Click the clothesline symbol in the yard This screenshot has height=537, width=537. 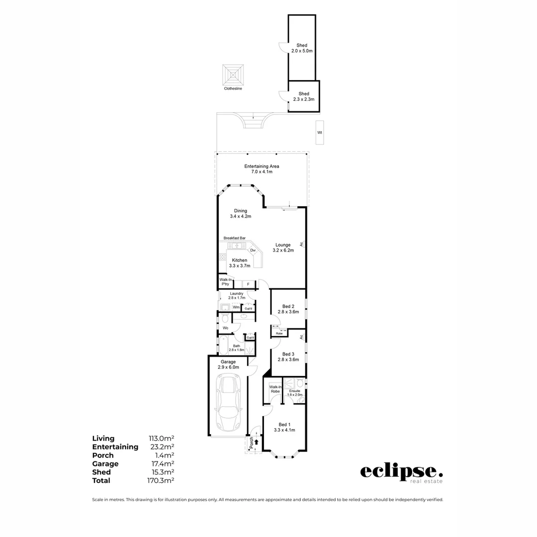pos(233,74)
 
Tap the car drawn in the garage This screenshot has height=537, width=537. pos(229,403)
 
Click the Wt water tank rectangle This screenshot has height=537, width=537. pos(320,133)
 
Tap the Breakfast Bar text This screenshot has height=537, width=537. pos(234,238)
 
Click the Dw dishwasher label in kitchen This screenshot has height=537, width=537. pos(253,250)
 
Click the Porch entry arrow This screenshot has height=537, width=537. pos(257,442)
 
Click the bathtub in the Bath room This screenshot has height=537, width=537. pos(223,345)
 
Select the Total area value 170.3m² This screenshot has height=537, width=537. pos(162,481)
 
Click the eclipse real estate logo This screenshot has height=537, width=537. pos(401,472)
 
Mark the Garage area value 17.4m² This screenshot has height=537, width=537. pos(162,464)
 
